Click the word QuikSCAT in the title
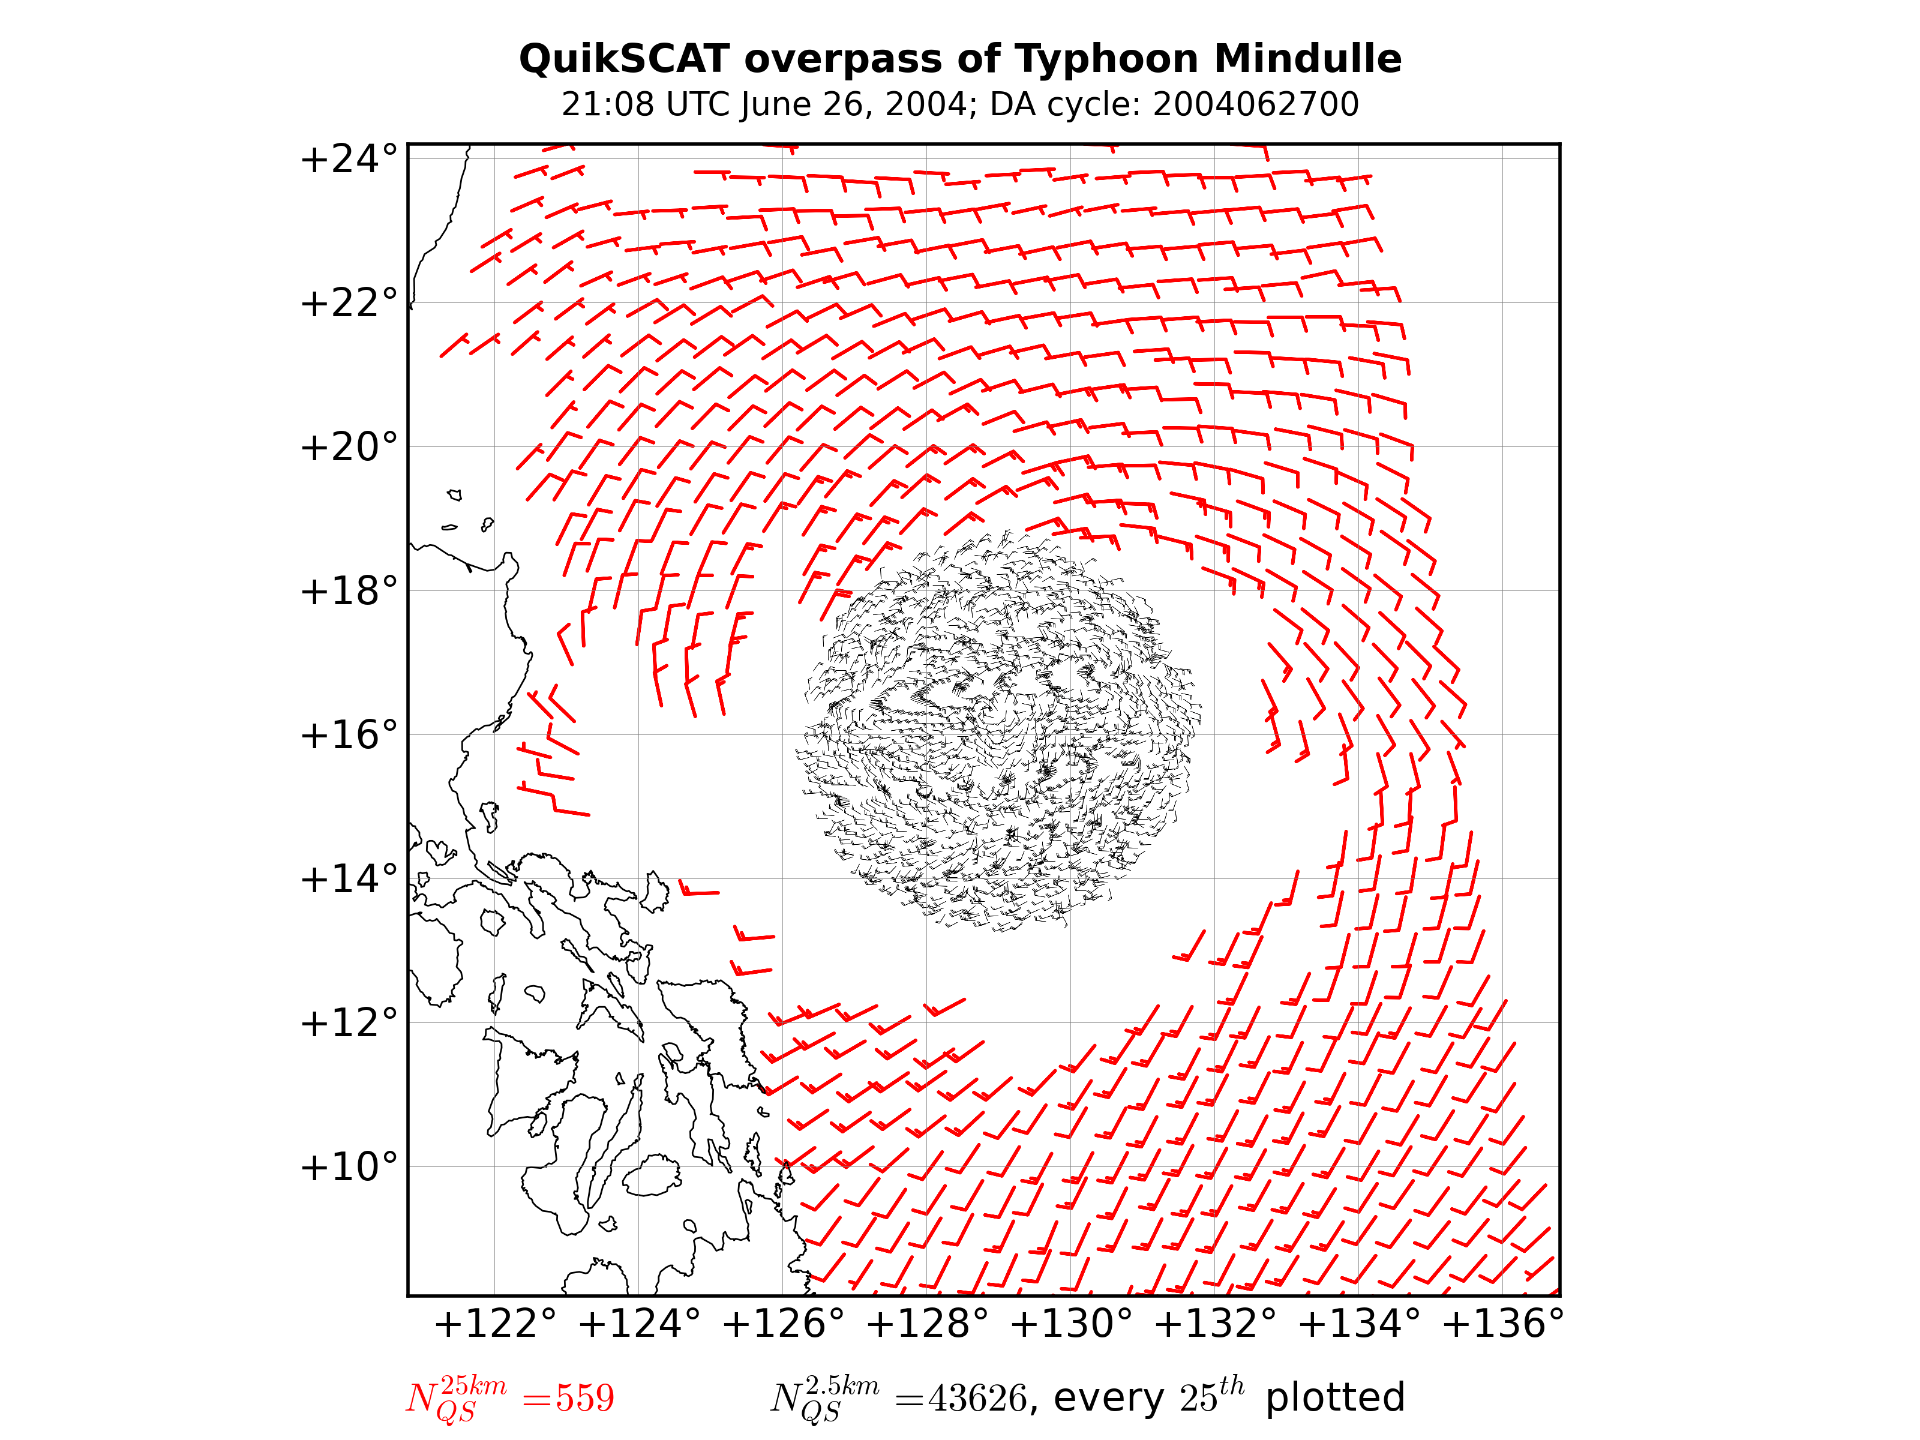pos(623,59)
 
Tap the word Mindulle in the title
pos(1307,59)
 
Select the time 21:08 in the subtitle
pos(608,104)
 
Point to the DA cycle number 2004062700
pos(1255,104)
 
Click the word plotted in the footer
pos(1335,1397)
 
